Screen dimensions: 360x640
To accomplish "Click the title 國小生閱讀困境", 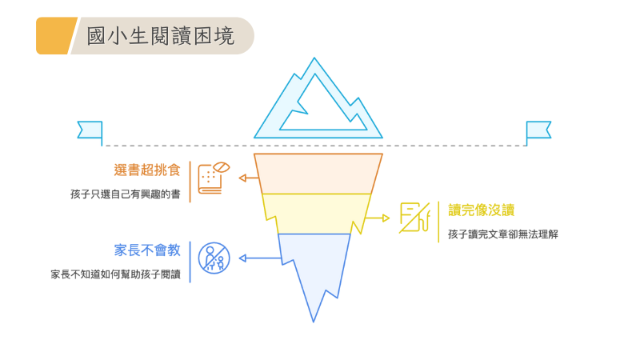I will pyautogui.click(x=160, y=36).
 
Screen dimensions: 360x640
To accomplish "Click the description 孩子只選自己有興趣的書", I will pyautogui.click(x=125, y=194).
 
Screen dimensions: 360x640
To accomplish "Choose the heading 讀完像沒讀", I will pyautogui.click(x=481, y=210).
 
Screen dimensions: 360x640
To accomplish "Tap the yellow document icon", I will pyautogui.click(x=414, y=218).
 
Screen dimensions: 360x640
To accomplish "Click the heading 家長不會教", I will pyautogui.click(x=147, y=250).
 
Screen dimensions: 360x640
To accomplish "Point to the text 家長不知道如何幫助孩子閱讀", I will pyautogui.click(x=115, y=274).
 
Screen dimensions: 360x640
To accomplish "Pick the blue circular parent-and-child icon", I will pyautogui.click(x=214, y=258).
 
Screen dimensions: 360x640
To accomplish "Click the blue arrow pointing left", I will pyautogui.click(x=256, y=258).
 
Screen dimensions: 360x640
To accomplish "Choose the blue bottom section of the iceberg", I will pyautogui.click(x=314, y=264).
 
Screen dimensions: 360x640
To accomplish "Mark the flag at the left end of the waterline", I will pyautogui.click(x=90, y=130).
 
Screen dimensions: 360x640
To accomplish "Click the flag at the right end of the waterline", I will pyautogui.click(x=538, y=130).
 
